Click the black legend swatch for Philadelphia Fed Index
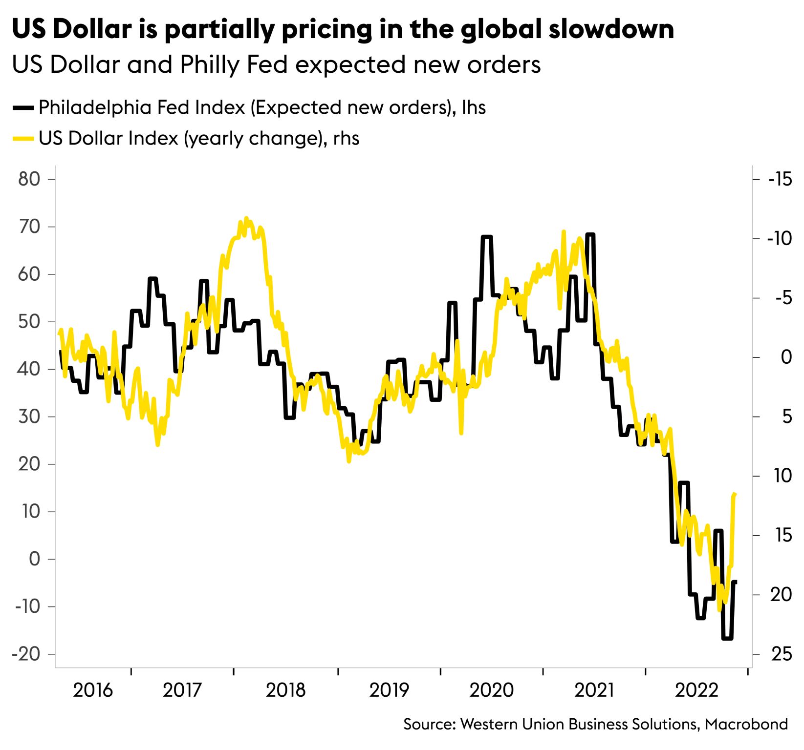point(23,107)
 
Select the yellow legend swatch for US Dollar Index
point(23,139)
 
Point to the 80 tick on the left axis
point(29,179)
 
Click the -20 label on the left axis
point(26,654)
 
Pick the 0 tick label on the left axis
point(34,559)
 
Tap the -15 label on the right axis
point(780,179)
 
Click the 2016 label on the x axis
point(92,690)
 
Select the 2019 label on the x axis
point(389,690)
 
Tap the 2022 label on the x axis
point(696,690)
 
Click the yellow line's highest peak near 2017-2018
point(246,218)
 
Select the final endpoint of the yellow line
point(735,495)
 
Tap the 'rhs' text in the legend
point(346,139)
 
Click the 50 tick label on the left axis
point(29,322)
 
